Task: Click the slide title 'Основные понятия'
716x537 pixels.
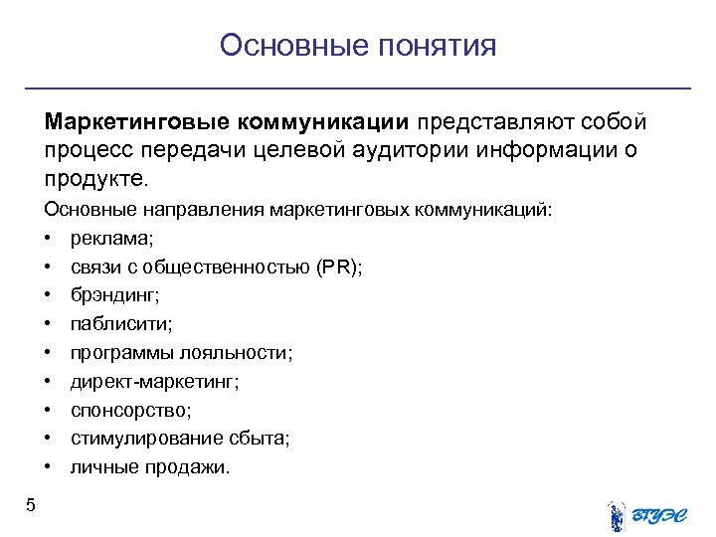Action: click(357, 46)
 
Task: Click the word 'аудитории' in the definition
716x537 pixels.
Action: click(417, 151)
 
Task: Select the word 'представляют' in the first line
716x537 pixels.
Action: click(482, 122)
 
